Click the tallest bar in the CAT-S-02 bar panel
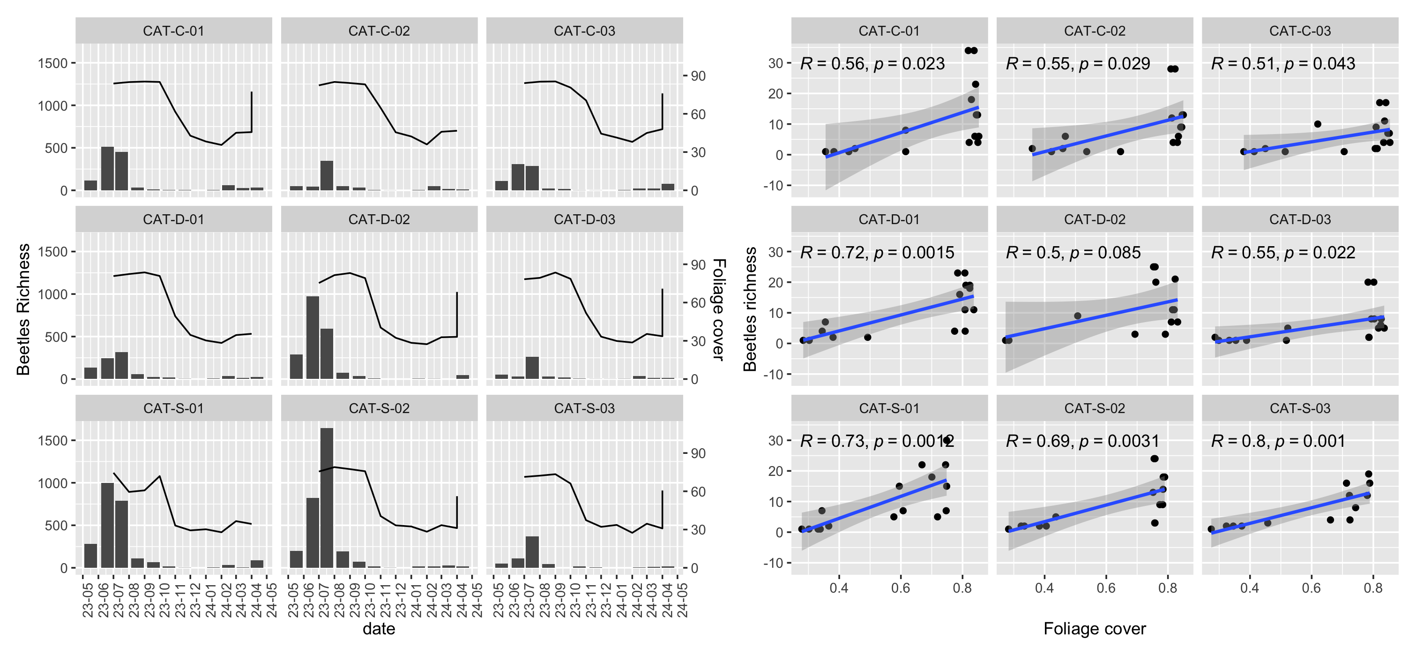pos(327,498)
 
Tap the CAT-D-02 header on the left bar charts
pos(379,219)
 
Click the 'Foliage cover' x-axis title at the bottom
pos(1095,629)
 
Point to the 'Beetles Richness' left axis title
pos(23,309)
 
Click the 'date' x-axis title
pos(379,629)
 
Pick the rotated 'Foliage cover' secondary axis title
pos(718,309)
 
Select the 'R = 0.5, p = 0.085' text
pos(1073,252)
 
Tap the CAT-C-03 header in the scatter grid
pos(1299,31)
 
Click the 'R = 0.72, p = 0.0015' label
pos(877,252)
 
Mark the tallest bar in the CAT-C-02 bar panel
pos(327,175)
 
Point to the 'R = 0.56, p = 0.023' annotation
pos(872,64)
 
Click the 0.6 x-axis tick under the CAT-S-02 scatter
pos(1106,588)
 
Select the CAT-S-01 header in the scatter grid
pos(888,408)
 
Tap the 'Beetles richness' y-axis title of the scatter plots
pos(750,309)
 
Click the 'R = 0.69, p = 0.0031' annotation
pos(1082,441)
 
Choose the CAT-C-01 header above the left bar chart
pos(173,31)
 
